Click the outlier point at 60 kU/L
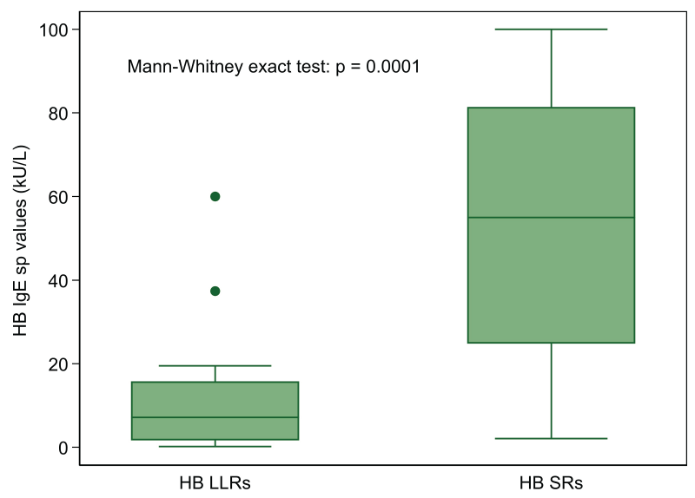coord(215,196)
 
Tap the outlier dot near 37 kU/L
coord(215,291)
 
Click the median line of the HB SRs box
coord(551,217)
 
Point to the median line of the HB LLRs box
coord(215,417)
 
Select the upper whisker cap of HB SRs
coord(551,29)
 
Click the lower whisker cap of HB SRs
coord(551,439)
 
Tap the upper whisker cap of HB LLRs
coord(215,365)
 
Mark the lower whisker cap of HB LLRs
coord(215,446)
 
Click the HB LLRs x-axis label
coord(215,482)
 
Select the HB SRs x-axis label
coord(551,482)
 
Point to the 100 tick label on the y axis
coord(55,29)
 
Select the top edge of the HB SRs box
coord(551,108)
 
